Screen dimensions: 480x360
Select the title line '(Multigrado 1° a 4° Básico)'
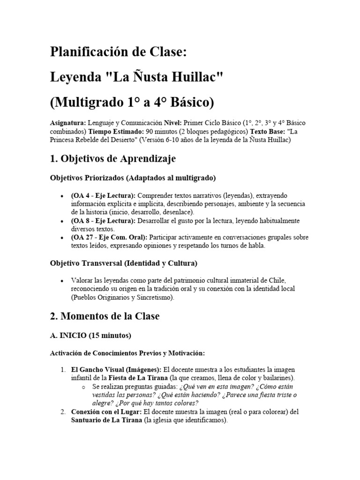pos(132,101)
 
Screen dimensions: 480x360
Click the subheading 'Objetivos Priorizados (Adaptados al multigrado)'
pos(133,178)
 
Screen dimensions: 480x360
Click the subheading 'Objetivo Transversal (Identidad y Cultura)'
pos(124,263)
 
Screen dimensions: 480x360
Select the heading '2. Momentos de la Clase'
pos(105,316)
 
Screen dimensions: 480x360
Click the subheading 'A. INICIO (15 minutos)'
pos(90,336)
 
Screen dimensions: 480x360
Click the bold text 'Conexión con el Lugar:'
pos(106,412)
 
